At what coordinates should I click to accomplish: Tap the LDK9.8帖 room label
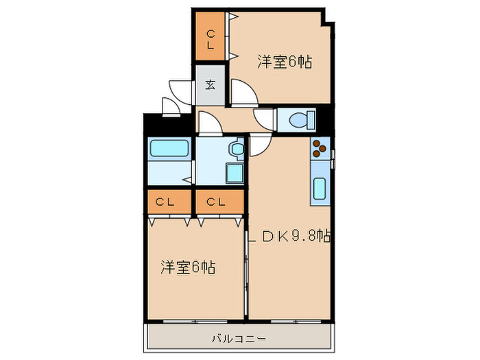coord(291,237)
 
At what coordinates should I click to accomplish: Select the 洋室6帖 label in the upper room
coord(285,62)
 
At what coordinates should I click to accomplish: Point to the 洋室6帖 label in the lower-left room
coord(188,266)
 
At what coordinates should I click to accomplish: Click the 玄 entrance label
coord(210,85)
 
